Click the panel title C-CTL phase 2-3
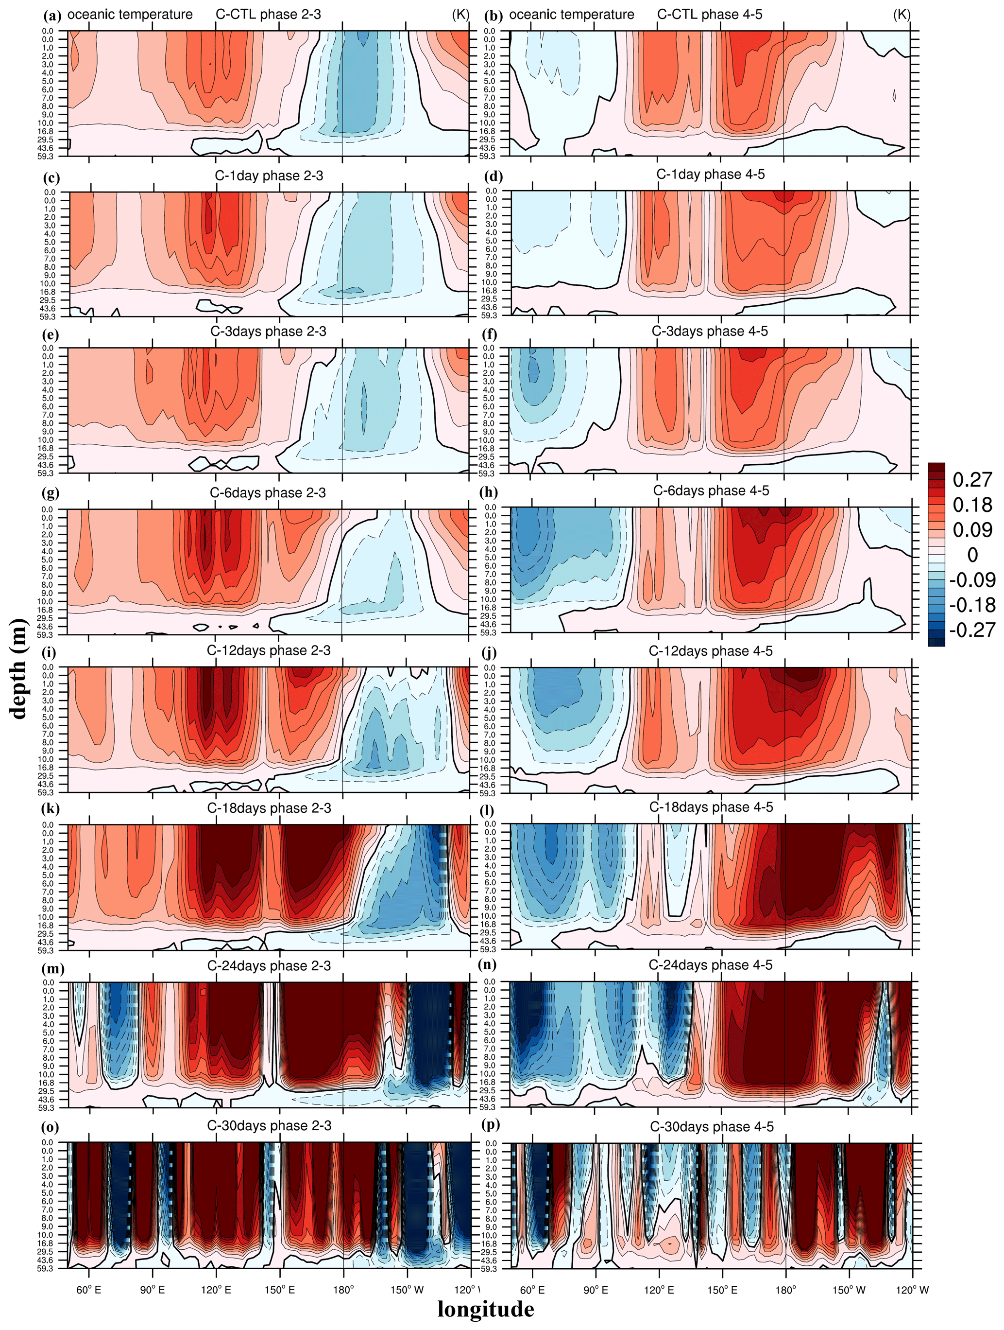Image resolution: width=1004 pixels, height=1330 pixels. point(268,14)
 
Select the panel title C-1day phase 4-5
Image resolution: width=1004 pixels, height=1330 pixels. point(710,175)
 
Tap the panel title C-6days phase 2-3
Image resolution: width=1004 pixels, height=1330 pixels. point(268,492)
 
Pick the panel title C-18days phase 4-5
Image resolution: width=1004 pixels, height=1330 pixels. point(711,807)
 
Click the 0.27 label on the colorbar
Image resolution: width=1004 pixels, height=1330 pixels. point(971,479)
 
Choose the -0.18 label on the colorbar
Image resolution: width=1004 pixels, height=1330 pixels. point(971,604)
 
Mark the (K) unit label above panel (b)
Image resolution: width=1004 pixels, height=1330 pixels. point(901,14)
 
